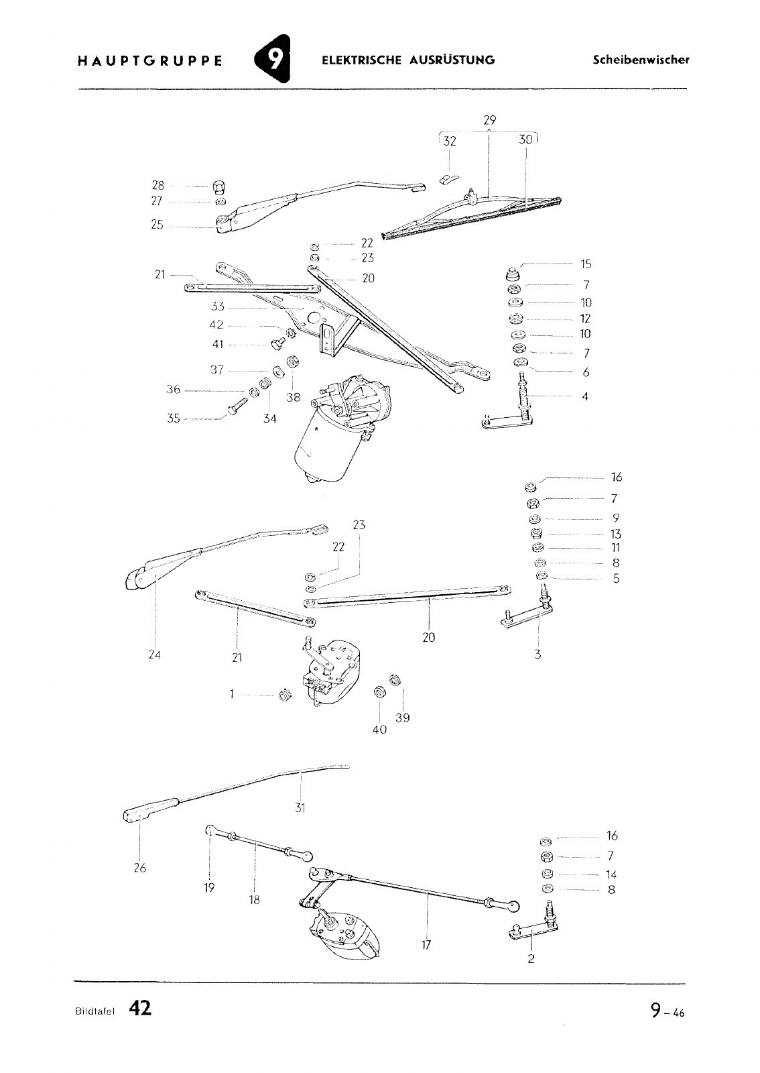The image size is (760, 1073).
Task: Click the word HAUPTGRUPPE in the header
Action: pos(150,61)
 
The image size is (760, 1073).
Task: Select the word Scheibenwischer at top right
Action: pos(641,60)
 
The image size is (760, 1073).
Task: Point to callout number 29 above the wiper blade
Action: pos(490,120)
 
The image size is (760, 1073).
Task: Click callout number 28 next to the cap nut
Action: pos(158,185)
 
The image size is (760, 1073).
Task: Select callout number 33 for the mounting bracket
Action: pos(218,306)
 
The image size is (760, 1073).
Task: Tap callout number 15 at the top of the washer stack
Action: pos(586,264)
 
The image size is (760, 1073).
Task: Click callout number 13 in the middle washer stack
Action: pos(616,534)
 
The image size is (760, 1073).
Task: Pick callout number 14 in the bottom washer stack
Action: pos(611,874)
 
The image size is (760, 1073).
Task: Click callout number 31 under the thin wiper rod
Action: pos(300,808)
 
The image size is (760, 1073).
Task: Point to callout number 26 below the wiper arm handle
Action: pos(140,868)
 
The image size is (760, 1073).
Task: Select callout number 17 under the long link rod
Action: pos(426,945)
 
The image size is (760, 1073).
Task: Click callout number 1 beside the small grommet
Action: pos(232,694)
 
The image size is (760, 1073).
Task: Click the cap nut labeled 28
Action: pos(218,187)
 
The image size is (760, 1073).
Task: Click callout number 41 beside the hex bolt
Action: pos(218,344)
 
